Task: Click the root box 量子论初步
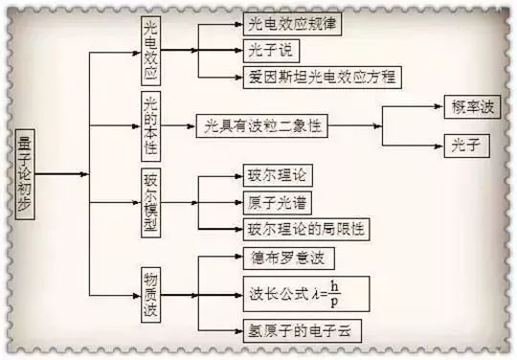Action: point(25,174)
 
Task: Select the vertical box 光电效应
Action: point(150,51)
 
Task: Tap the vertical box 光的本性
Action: point(150,126)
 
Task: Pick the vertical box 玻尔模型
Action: point(150,203)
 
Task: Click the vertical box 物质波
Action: point(150,295)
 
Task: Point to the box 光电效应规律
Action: point(292,24)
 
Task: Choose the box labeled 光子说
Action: point(271,51)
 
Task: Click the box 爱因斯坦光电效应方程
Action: point(322,78)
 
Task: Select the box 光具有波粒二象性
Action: point(261,126)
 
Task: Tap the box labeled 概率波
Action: point(472,107)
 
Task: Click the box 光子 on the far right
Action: point(466,146)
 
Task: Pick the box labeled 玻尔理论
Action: point(278,175)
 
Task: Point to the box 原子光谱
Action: point(278,203)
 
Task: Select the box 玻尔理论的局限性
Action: point(306,229)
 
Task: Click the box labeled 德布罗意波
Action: point(289,259)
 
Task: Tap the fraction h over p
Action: point(334,294)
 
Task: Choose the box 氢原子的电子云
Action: point(302,330)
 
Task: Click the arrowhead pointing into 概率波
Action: point(438,106)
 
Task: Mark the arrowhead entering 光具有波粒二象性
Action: point(191,126)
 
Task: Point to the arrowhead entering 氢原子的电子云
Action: point(238,330)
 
